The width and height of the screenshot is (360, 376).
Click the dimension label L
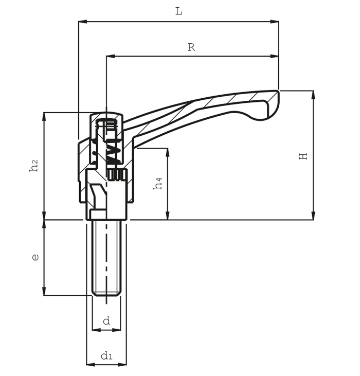tap(179, 11)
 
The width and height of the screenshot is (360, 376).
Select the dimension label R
tap(191, 47)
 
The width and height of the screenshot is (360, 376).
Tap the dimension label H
tap(303, 156)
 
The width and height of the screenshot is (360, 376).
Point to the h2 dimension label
tap(34, 166)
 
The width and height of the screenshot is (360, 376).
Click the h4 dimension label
tap(158, 184)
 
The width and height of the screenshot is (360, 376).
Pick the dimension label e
tap(35, 257)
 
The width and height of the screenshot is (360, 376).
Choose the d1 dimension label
tap(106, 355)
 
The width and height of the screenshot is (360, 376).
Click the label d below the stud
tap(106, 320)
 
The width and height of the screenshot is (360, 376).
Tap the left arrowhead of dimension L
tap(83, 22)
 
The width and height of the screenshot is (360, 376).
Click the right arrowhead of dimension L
tap(275, 22)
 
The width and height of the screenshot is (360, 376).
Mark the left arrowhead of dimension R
tap(111, 57)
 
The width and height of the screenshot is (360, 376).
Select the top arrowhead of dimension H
tap(313, 95)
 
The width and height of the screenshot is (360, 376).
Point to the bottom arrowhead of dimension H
tap(313, 216)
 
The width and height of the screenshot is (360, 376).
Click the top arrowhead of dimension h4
tap(168, 153)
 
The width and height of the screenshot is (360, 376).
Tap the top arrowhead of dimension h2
tap(44, 117)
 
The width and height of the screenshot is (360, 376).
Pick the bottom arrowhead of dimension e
tap(44, 291)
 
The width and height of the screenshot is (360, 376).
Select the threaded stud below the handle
tap(106, 258)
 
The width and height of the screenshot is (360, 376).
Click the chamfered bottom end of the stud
tap(106, 293)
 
